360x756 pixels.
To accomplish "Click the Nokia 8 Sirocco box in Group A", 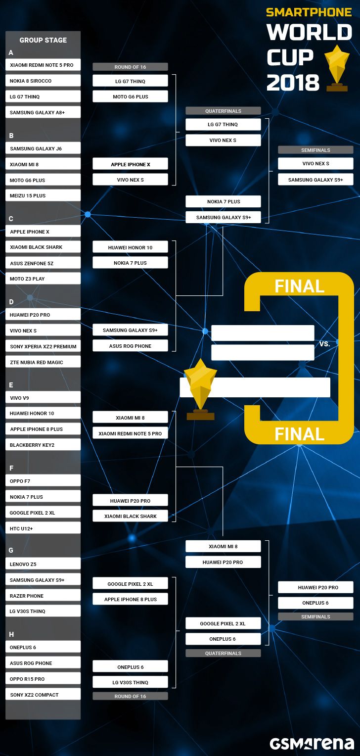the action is click(43, 81).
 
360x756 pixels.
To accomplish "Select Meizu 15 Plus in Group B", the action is click(43, 195).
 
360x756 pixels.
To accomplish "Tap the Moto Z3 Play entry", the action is click(43, 279).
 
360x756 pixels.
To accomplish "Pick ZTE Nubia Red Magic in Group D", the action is click(43, 362).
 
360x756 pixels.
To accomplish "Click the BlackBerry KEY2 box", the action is click(43, 444).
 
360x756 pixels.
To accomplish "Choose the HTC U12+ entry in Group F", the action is click(43, 528).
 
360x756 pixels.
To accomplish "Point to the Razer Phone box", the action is click(43, 595).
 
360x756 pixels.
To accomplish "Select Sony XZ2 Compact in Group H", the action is click(43, 694).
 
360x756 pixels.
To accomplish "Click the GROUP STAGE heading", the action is click(43, 40).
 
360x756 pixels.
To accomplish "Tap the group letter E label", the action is click(11, 385).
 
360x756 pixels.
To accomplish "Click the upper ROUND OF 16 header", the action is click(130, 67).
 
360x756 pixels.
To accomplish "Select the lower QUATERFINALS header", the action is click(223, 653).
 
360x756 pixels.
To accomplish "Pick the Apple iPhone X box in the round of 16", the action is click(130, 164).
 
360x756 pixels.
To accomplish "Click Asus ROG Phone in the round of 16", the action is click(130, 346).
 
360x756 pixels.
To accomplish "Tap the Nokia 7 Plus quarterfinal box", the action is click(223, 201).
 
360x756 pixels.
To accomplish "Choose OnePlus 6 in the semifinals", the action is click(315, 603).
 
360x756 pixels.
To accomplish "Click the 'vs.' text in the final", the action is click(324, 343).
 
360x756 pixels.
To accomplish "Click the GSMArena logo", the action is click(312, 744).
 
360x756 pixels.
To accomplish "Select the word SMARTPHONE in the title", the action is click(309, 12).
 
